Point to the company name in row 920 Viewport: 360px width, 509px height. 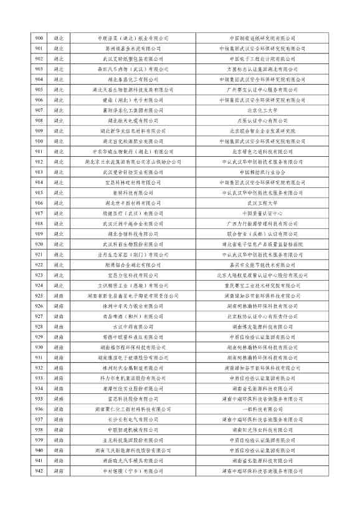tap(133, 244)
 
